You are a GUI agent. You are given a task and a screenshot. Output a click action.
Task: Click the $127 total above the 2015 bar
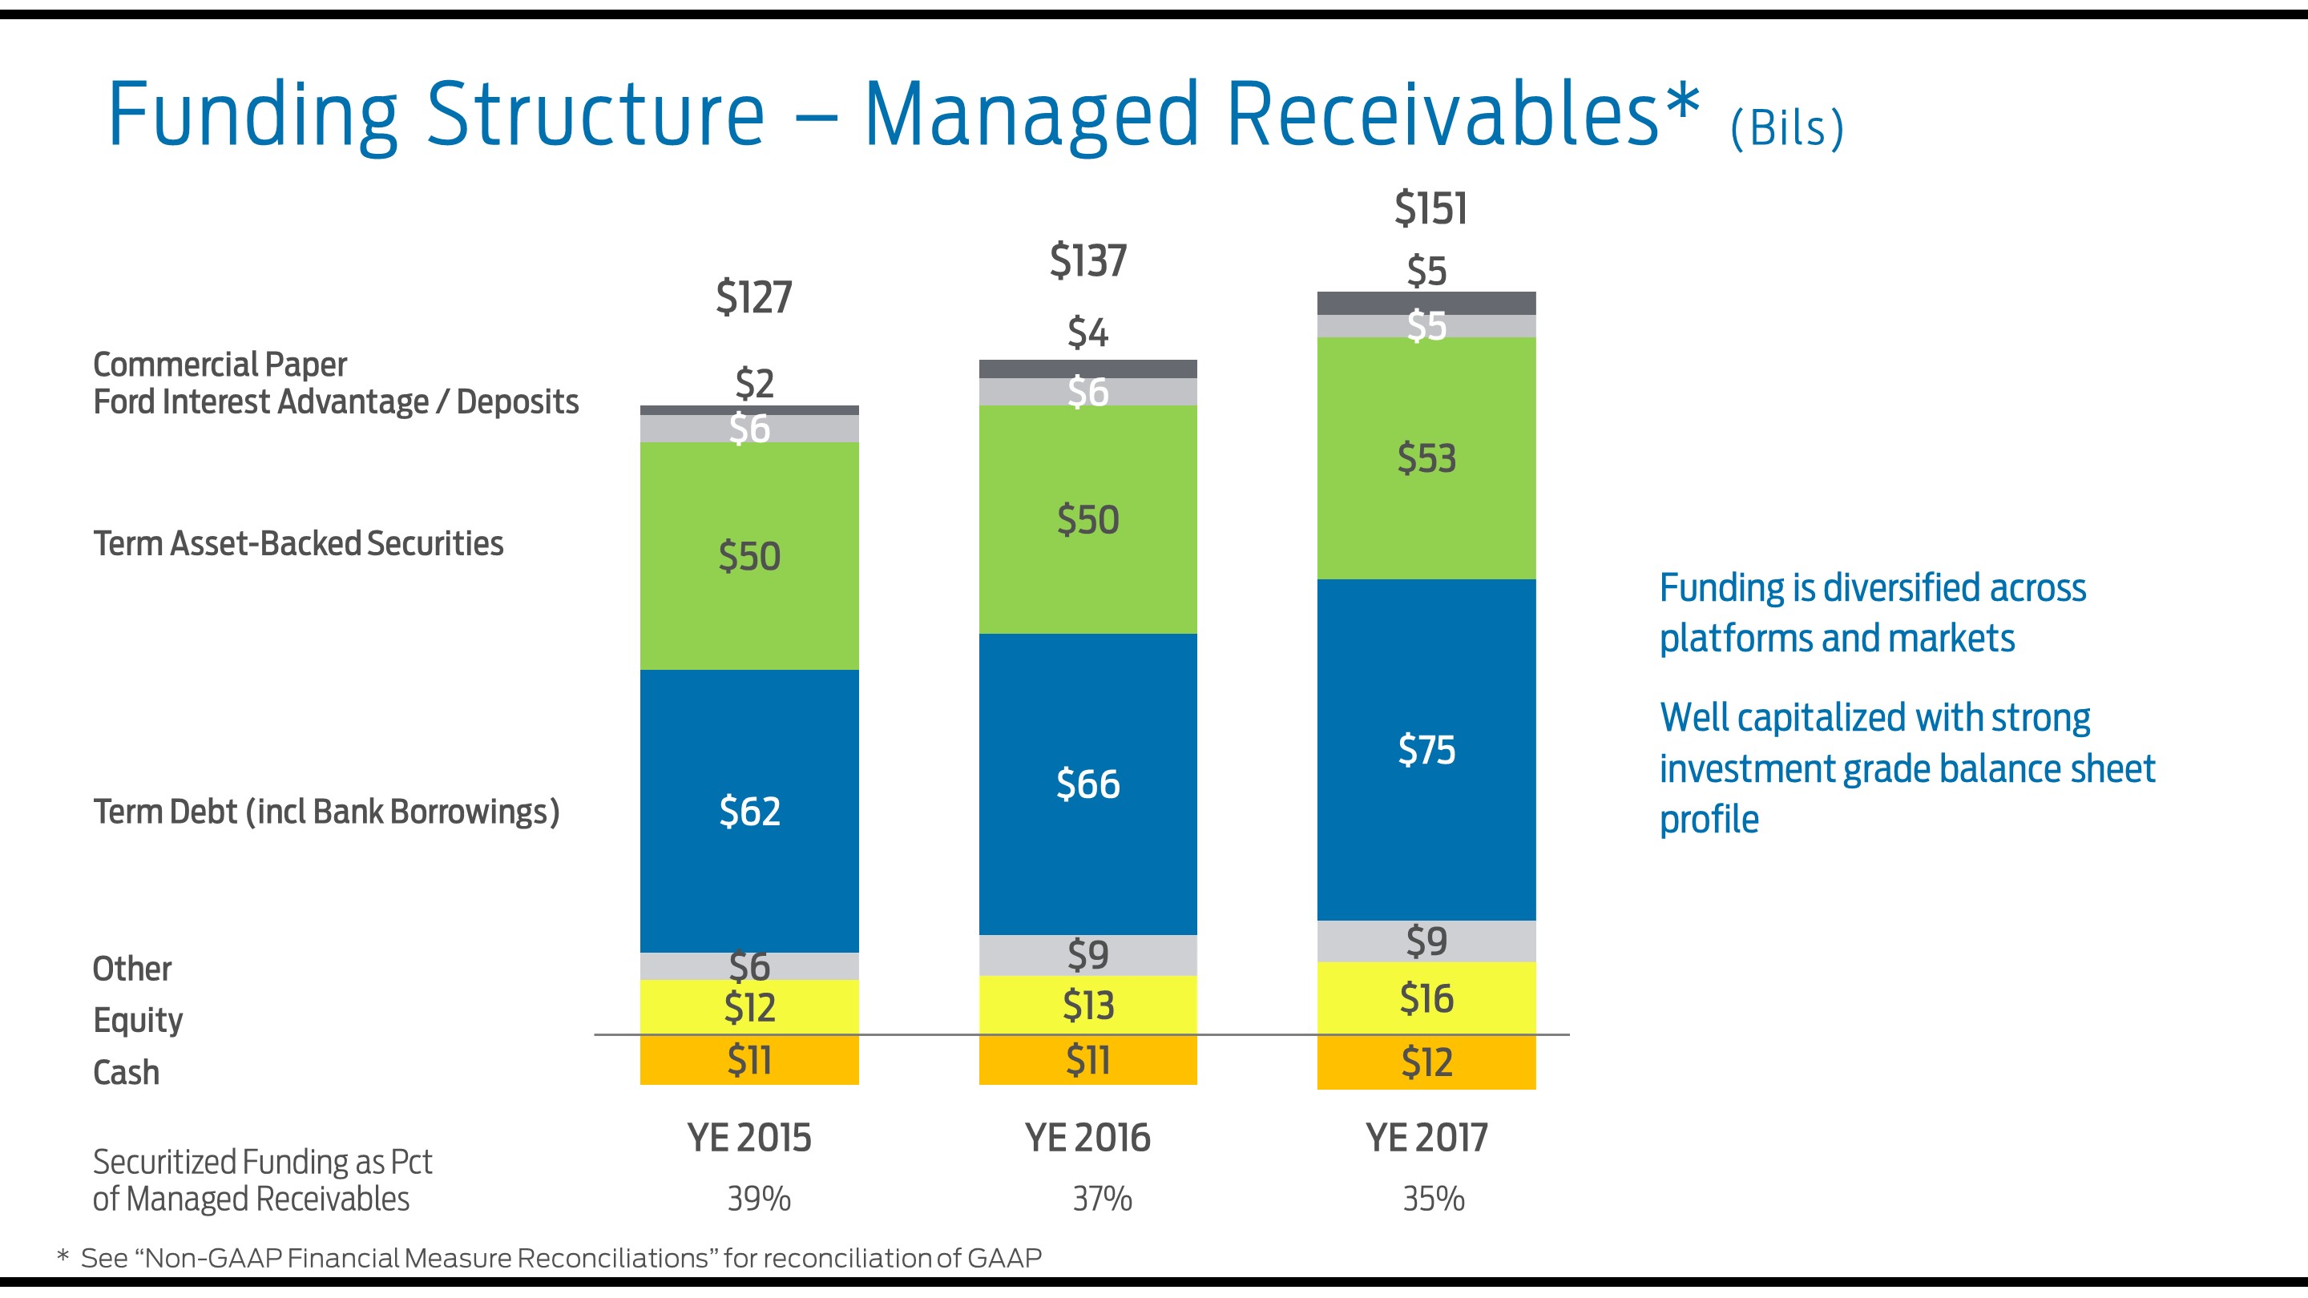[753, 297]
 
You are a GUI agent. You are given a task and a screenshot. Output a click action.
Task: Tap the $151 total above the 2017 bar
[1430, 208]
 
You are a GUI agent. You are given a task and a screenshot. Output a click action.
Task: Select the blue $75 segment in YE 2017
[1426, 750]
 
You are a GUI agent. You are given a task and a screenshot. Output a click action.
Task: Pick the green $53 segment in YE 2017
[1426, 458]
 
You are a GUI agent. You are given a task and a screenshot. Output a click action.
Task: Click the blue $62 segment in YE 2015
[749, 812]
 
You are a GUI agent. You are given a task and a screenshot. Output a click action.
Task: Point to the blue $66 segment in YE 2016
[1087, 784]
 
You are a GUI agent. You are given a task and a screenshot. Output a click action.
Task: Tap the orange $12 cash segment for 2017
[1426, 1063]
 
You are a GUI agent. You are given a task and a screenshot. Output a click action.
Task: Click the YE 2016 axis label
[1087, 1139]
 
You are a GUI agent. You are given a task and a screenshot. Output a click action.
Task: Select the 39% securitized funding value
[758, 1199]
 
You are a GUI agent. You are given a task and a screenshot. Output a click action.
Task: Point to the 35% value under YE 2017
[1433, 1199]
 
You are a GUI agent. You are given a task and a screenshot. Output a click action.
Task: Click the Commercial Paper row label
[220, 365]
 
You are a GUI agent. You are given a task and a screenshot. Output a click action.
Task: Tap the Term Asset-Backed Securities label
[298, 544]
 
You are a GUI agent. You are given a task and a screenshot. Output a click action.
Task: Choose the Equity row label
[137, 1020]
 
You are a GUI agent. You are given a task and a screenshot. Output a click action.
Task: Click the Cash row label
[126, 1072]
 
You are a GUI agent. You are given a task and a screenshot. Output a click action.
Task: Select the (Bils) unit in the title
[1786, 128]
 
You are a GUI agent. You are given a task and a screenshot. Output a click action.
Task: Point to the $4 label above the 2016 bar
[1087, 333]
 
